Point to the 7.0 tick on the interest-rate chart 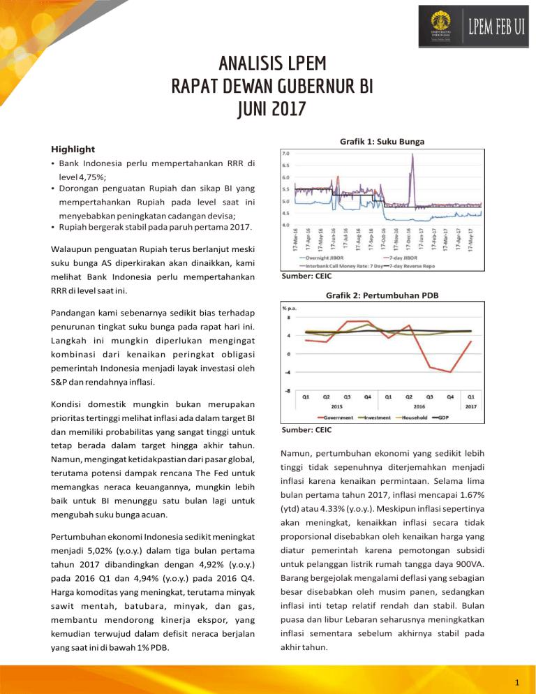(286, 153)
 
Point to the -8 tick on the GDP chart (286, 391)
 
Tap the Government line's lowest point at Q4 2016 (451, 372)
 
